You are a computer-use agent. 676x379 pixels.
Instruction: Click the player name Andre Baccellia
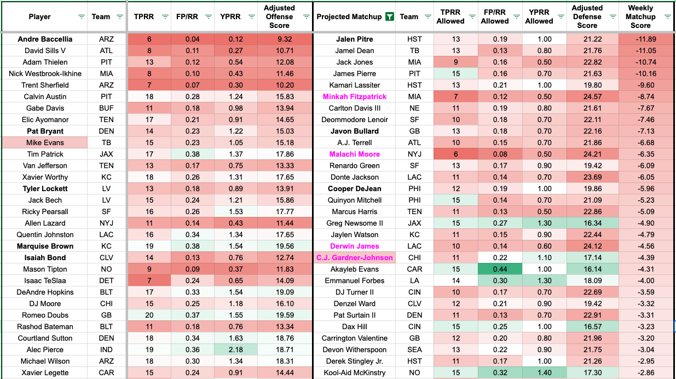tap(44, 39)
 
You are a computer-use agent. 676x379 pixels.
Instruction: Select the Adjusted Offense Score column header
tap(279, 16)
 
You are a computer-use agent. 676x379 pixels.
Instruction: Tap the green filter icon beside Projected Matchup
tap(389, 16)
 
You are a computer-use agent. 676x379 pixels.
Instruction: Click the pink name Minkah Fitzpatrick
tap(354, 97)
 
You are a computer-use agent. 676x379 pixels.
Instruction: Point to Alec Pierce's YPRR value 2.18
tap(235, 350)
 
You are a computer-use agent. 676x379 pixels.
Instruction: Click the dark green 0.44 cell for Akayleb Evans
tap(499, 269)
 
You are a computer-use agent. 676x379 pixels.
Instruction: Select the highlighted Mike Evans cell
tap(44, 143)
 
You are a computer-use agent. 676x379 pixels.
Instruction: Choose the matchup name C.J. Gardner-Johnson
tap(354, 258)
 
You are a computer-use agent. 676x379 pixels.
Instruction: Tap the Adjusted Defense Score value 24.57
tap(587, 97)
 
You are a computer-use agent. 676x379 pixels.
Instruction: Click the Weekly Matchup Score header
tap(640, 16)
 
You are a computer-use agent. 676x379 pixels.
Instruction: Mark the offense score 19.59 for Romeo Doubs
tap(279, 315)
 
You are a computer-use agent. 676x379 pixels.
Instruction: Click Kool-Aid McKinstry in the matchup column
tap(354, 373)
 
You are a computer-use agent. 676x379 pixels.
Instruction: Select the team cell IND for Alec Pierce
tap(107, 350)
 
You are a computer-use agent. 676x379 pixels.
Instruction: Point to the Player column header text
tap(39, 16)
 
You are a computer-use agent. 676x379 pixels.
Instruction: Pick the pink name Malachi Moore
tap(354, 154)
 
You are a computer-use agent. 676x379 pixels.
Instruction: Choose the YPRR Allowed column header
tap(539, 16)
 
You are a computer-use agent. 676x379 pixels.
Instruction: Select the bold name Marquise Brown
tap(44, 246)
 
